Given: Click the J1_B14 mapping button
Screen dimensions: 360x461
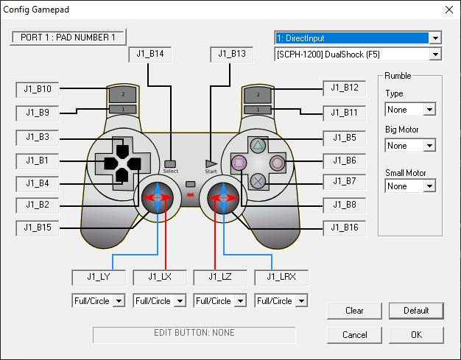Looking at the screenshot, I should coord(150,54).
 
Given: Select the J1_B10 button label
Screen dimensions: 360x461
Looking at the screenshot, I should coord(38,90).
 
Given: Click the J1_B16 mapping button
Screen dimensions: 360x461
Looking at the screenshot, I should coord(345,228).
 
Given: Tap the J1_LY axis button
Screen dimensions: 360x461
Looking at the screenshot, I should coord(98,278).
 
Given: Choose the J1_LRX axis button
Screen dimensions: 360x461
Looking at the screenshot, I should coord(281,278).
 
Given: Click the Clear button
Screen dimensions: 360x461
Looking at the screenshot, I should coord(354,311).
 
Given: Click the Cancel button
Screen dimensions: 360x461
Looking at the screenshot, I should coord(354,335).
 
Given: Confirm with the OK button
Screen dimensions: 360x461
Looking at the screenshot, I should coord(416,335).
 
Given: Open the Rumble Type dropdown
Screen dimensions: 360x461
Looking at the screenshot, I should coord(410,110).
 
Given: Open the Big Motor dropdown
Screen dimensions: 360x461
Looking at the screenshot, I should coord(410,146).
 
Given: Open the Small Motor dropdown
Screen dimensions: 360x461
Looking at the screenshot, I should coord(410,186).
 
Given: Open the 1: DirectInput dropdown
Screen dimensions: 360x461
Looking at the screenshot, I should coord(358,38).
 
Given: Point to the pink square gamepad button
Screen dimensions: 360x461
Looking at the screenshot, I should coord(239,163).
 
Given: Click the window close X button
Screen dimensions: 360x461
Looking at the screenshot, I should coord(449,10).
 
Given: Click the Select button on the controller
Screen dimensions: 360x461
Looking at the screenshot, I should coord(171,163).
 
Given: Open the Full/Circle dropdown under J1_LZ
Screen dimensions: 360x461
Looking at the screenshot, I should coord(219,300).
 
